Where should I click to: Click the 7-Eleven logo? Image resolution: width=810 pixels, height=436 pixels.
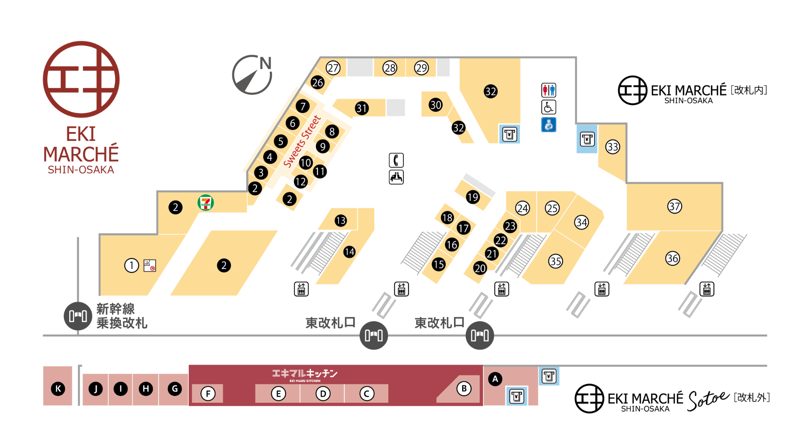[x=206, y=203]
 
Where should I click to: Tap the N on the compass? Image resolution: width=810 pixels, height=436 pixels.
[x=265, y=64]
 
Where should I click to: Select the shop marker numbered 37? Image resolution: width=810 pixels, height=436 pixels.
[x=674, y=206]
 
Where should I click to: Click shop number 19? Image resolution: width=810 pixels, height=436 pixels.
[x=473, y=197]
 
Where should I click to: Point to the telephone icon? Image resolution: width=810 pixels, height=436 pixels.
[x=396, y=160]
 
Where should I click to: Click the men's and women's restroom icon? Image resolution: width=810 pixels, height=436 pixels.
[x=548, y=90]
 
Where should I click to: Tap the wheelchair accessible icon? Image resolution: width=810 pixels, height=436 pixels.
[x=548, y=107]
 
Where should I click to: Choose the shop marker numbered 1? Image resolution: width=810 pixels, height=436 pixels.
[x=131, y=265]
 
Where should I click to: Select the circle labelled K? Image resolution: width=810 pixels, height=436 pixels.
[x=58, y=389]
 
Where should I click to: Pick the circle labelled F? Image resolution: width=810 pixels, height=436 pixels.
[x=208, y=393]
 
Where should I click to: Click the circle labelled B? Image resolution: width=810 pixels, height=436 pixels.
[x=464, y=389]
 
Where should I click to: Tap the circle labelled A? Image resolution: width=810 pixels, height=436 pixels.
[x=495, y=379]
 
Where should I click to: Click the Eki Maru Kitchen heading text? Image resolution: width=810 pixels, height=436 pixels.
[x=305, y=374]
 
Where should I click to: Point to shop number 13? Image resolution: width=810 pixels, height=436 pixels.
[x=341, y=220]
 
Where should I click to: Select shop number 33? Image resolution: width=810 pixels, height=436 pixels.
[x=612, y=147]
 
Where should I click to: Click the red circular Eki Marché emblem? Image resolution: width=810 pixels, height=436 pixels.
[x=81, y=79]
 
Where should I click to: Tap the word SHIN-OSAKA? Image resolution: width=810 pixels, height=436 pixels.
[x=81, y=170]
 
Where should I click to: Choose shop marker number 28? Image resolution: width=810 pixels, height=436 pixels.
[x=390, y=68]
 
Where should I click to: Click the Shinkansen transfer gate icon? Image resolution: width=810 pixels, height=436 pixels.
[x=78, y=316]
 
